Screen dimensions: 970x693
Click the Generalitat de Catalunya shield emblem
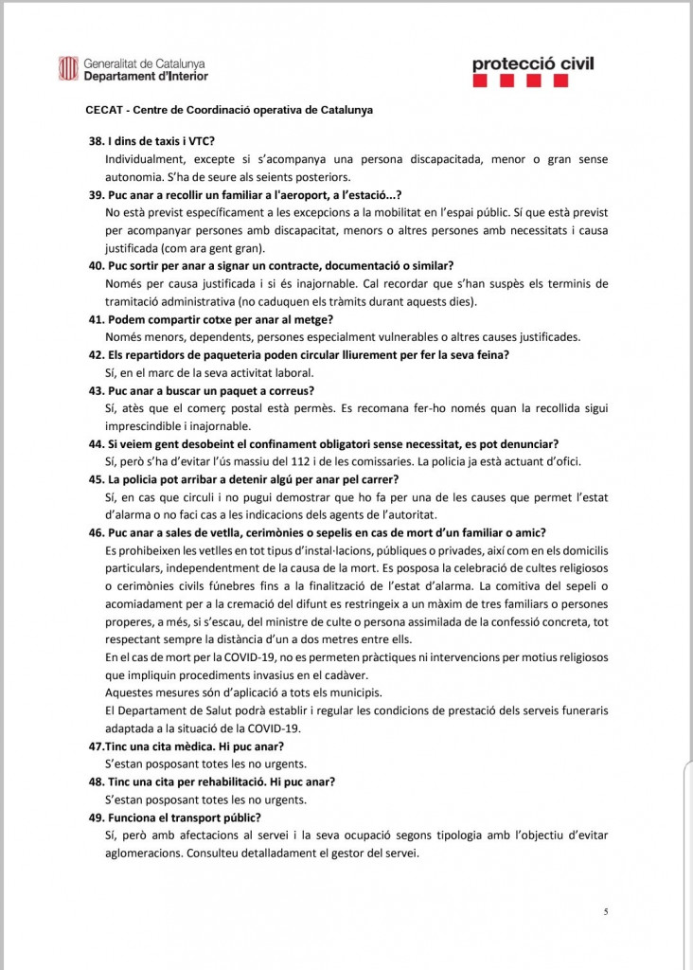click(68, 68)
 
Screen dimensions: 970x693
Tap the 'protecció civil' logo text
click(534, 63)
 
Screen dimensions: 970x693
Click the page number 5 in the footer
click(605, 911)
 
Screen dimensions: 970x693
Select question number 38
click(95, 141)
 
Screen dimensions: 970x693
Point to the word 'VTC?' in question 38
click(201, 141)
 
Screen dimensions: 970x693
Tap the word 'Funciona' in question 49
click(133, 817)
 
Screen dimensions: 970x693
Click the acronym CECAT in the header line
click(105, 110)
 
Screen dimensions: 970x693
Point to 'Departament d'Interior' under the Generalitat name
click(146, 76)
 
